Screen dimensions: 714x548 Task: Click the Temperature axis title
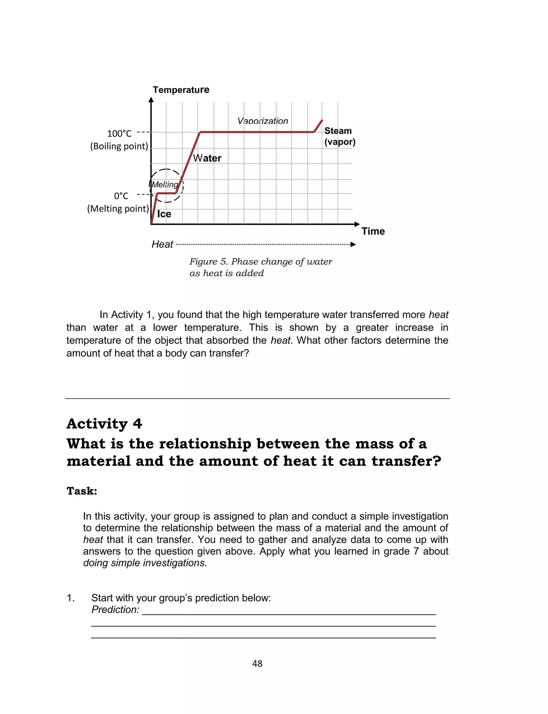tap(181, 90)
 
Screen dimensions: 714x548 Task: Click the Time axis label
tap(373, 231)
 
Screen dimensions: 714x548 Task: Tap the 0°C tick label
tap(121, 196)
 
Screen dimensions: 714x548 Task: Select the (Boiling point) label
tap(119, 146)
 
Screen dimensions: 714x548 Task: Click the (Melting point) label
tap(118, 208)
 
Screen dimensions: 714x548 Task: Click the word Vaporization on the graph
tap(262, 121)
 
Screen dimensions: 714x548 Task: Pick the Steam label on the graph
tap(338, 131)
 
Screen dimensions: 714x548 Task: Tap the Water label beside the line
tap(207, 158)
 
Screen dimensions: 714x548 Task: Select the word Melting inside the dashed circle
tap(165, 185)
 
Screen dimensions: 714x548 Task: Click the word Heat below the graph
tap(162, 244)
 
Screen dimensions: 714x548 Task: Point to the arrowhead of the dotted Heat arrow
tap(353, 245)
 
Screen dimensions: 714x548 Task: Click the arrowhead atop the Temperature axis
tap(151, 100)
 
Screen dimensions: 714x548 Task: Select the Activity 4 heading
tap(104, 423)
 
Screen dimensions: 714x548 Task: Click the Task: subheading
tap(82, 491)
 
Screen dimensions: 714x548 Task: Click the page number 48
tap(257, 663)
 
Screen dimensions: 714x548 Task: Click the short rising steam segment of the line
tap(318, 126)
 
